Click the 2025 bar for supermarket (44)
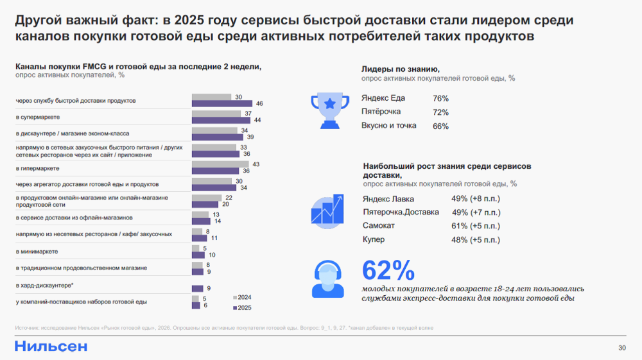pyautogui.click(x=221, y=120)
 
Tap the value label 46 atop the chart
pyautogui.click(x=259, y=103)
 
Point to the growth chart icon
pyautogui.click(x=330, y=210)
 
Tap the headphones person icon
pyautogui.click(x=330, y=277)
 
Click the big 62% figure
pyautogui.click(x=388, y=270)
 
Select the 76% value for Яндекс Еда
pyautogui.click(x=440, y=99)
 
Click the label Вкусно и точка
pyautogui.click(x=389, y=126)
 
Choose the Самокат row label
pyautogui.click(x=379, y=226)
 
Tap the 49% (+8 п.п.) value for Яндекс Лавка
pyautogui.click(x=476, y=198)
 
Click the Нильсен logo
pyautogui.click(x=51, y=346)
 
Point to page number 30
pyautogui.click(x=621, y=348)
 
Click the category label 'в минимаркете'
pyautogui.click(x=37, y=252)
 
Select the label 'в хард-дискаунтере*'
pyautogui.click(x=44, y=285)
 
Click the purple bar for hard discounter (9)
pyautogui.click(x=198, y=288)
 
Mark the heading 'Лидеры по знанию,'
pyautogui.click(x=401, y=69)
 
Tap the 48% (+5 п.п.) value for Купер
pyautogui.click(x=476, y=240)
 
